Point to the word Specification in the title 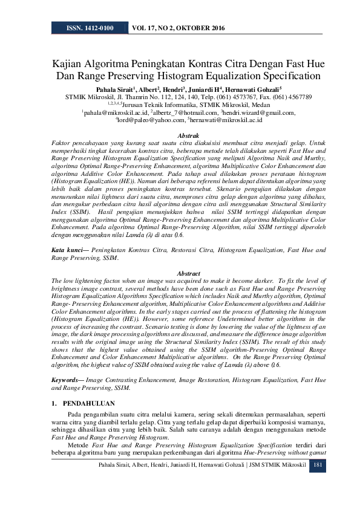click(x=286, y=76)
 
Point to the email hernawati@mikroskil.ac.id click(x=227, y=120)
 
